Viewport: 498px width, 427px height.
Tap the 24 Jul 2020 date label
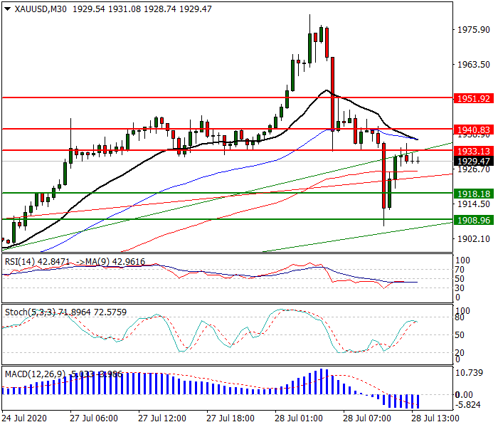click(26, 417)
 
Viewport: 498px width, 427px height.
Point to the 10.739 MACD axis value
click(472, 373)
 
